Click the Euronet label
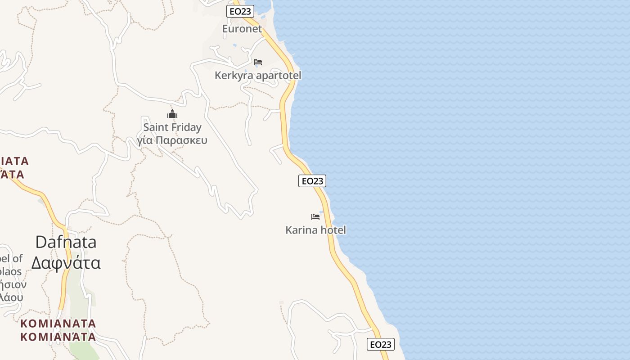point(242,29)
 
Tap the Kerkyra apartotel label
point(258,75)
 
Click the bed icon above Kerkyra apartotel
point(258,62)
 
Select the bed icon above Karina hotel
point(315,217)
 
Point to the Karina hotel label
point(315,230)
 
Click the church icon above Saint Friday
point(172,114)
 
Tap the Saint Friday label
point(172,127)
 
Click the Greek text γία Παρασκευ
point(172,140)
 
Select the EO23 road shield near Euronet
point(240,11)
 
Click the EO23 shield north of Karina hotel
point(312,181)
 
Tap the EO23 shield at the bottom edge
point(381,345)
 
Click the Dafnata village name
point(66,242)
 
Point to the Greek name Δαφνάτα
point(66,263)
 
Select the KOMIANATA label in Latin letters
point(58,324)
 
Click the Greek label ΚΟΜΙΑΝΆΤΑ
point(58,337)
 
